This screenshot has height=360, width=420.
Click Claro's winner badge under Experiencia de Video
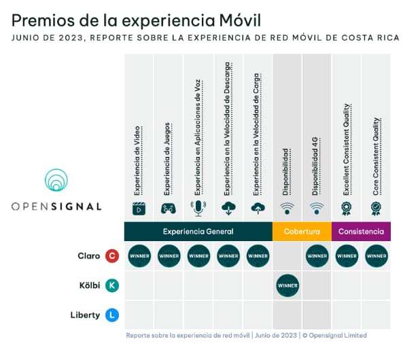pyautogui.click(x=139, y=256)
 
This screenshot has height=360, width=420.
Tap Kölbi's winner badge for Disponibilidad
pyautogui.click(x=287, y=286)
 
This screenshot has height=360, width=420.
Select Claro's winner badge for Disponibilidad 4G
pyautogui.click(x=317, y=256)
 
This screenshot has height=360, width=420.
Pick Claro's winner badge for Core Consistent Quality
pyautogui.click(x=376, y=256)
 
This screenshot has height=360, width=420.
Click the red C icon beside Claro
pyautogui.click(x=112, y=256)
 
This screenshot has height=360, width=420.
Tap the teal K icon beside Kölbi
pyautogui.click(x=112, y=286)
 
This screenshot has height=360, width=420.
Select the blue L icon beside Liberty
pyautogui.click(x=112, y=315)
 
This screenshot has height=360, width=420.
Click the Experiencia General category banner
pyautogui.click(x=198, y=232)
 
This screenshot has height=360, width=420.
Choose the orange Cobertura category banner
pyautogui.click(x=302, y=232)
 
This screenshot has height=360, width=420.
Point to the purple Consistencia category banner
pyautogui.click(x=361, y=232)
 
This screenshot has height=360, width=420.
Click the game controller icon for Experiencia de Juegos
pyautogui.click(x=169, y=209)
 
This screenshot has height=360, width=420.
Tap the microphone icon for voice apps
pyautogui.click(x=198, y=208)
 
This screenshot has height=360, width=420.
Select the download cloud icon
pyautogui.click(x=228, y=209)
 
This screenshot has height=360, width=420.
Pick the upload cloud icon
pyautogui.click(x=258, y=209)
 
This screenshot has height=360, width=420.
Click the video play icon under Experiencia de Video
pyautogui.click(x=139, y=209)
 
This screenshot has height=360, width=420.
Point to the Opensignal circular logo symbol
pyautogui.click(x=56, y=181)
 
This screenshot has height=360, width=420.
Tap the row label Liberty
pyautogui.click(x=85, y=315)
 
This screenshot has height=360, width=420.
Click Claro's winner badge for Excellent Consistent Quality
pyautogui.click(x=347, y=256)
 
